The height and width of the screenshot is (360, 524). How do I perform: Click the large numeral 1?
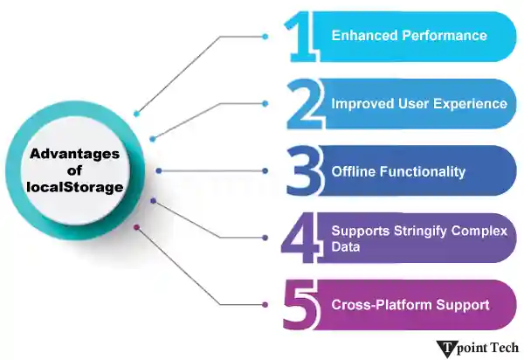coord(300,36)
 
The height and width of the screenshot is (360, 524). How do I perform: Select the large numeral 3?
coord(302,170)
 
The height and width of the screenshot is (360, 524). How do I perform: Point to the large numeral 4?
coord(302,238)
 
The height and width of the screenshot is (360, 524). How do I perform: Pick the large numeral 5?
coord(302,305)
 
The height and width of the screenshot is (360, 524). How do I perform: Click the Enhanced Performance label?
coord(409,36)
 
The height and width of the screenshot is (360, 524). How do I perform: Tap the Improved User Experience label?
coord(419,103)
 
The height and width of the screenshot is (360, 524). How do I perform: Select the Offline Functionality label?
coord(398,171)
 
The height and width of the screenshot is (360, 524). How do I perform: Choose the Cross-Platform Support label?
coord(410,305)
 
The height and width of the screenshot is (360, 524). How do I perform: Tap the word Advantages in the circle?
coord(73,154)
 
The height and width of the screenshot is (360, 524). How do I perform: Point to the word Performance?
coord(445,36)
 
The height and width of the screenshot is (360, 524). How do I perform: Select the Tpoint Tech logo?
coord(478,347)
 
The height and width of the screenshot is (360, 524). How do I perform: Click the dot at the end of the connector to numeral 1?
coord(265,36)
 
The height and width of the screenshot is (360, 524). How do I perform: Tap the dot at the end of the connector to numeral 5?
coord(265,305)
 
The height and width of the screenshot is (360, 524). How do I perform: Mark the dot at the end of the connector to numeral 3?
coord(265,170)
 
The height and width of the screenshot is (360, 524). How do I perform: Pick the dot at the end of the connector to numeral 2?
coord(265,103)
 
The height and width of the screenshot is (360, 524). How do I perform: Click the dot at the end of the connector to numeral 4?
coord(265,238)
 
